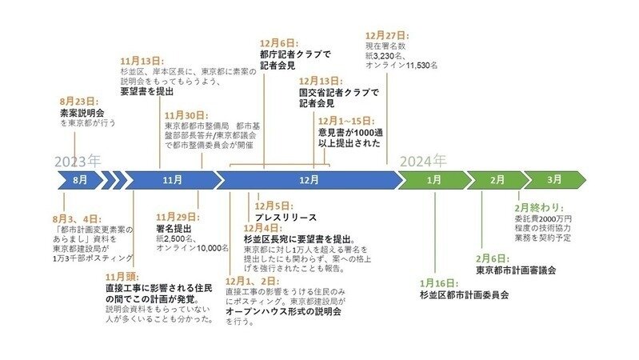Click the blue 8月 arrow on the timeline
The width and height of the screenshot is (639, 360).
pyautogui.click(x=78, y=180)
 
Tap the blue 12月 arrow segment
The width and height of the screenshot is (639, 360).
pyautogui.click(x=309, y=180)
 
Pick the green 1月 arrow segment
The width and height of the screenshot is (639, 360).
pyautogui.click(x=433, y=180)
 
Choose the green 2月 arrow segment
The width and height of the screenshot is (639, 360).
pyautogui.click(x=497, y=180)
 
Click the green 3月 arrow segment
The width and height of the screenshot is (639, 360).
pyautogui.click(x=553, y=180)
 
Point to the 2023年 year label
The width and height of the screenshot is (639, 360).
pyautogui.click(x=77, y=160)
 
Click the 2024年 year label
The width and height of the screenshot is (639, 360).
pyautogui.click(x=423, y=159)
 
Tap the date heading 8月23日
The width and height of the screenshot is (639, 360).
pyautogui.click(x=78, y=102)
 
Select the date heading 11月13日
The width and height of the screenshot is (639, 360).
pyautogui.click(x=142, y=61)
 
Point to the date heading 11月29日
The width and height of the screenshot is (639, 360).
pyautogui.click(x=178, y=217)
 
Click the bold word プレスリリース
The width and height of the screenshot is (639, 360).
pyautogui.click(x=286, y=218)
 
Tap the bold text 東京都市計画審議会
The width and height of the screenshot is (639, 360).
pyautogui.click(x=516, y=270)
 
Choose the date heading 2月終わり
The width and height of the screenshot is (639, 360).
pyautogui.click(x=541, y=207)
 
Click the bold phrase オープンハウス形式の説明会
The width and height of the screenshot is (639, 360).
pyautogui.click(x=294, y=312)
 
